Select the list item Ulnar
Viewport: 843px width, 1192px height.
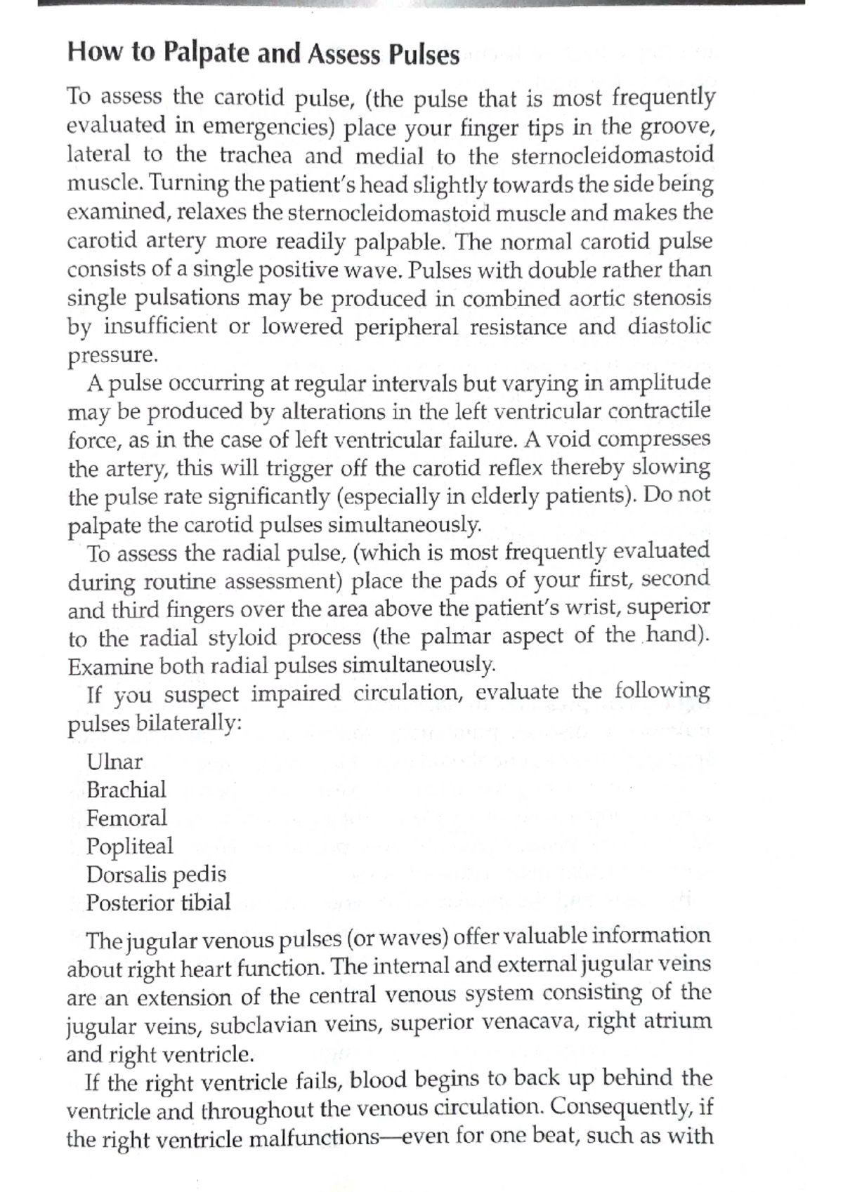click(x=115, y=762)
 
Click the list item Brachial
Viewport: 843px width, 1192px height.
click(x=126, y=790)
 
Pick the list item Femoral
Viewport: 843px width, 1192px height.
click(x=126, y=818)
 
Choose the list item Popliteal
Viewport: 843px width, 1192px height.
click(x=129, y=847)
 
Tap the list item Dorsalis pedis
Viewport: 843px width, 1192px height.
click(x=156, y=875)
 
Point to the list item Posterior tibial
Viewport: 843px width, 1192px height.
click(x=158, y=903)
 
